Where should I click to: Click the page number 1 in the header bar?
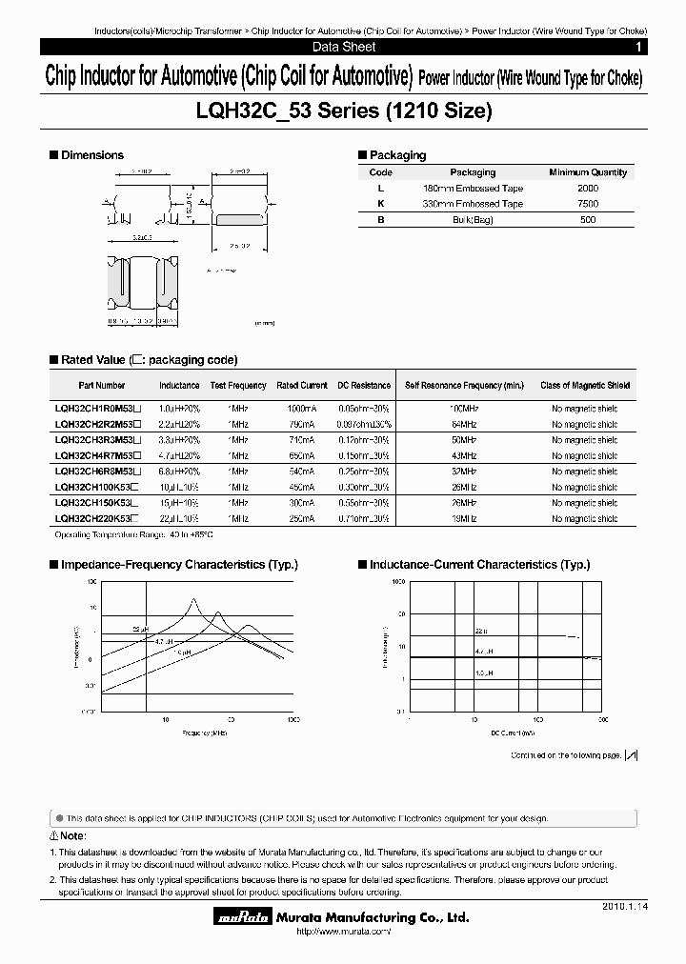(637, 47)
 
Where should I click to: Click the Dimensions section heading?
(91, 155)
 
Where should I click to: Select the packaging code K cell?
(380, 204)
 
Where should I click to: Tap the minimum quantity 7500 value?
(588, 204)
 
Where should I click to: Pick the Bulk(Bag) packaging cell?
(473, 220)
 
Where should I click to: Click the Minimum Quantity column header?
(588, 172)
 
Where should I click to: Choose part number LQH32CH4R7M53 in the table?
(98, 456)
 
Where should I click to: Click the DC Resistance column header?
(364, 386)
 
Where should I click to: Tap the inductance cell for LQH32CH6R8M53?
(179, 472)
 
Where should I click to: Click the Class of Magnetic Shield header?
(585, 386)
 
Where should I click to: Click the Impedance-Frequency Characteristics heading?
(162, 565)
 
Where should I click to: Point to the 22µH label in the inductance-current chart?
(480, 631)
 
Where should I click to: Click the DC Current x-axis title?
(513, 733)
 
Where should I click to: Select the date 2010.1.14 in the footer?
(623, 908)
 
